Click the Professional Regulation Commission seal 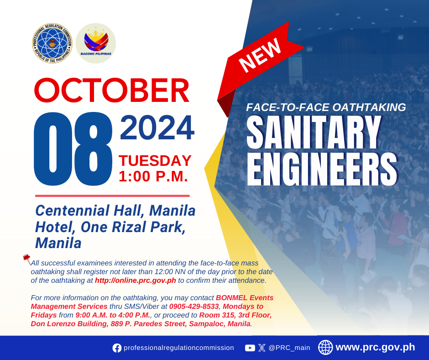pyautogui.click(x=52, y=43)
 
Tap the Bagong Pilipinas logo pyautogui.click(x=96, y=43)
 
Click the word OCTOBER pyautogui.click(x=112, y=90)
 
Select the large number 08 pyautogui.click(x=73, y=149)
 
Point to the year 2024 pyautogui.click(x=157, y=128)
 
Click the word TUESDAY pyautogui.click(x=155, y=160)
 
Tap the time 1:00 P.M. pyautogui.click(x=153, y=176)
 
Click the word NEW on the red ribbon pyautogui.click(x=260, y=55)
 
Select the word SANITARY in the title pyautogui.click(x=314, y=132)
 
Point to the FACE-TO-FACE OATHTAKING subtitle pyautogui.click(x=326, y=107)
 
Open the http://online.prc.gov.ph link pyautogui.click(x=136, y=281)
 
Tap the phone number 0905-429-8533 pyautogui.click(x=194, y=306)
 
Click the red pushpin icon pyautogui.click(x=27, y=259)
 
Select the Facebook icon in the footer pyautogui.click(x=117, y=348)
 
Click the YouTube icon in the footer pyautogui.click(x=250, y=348)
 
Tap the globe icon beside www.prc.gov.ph pyautogui.click(x=325, y=347)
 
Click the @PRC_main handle pyautogui.click(x=289, y=348)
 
